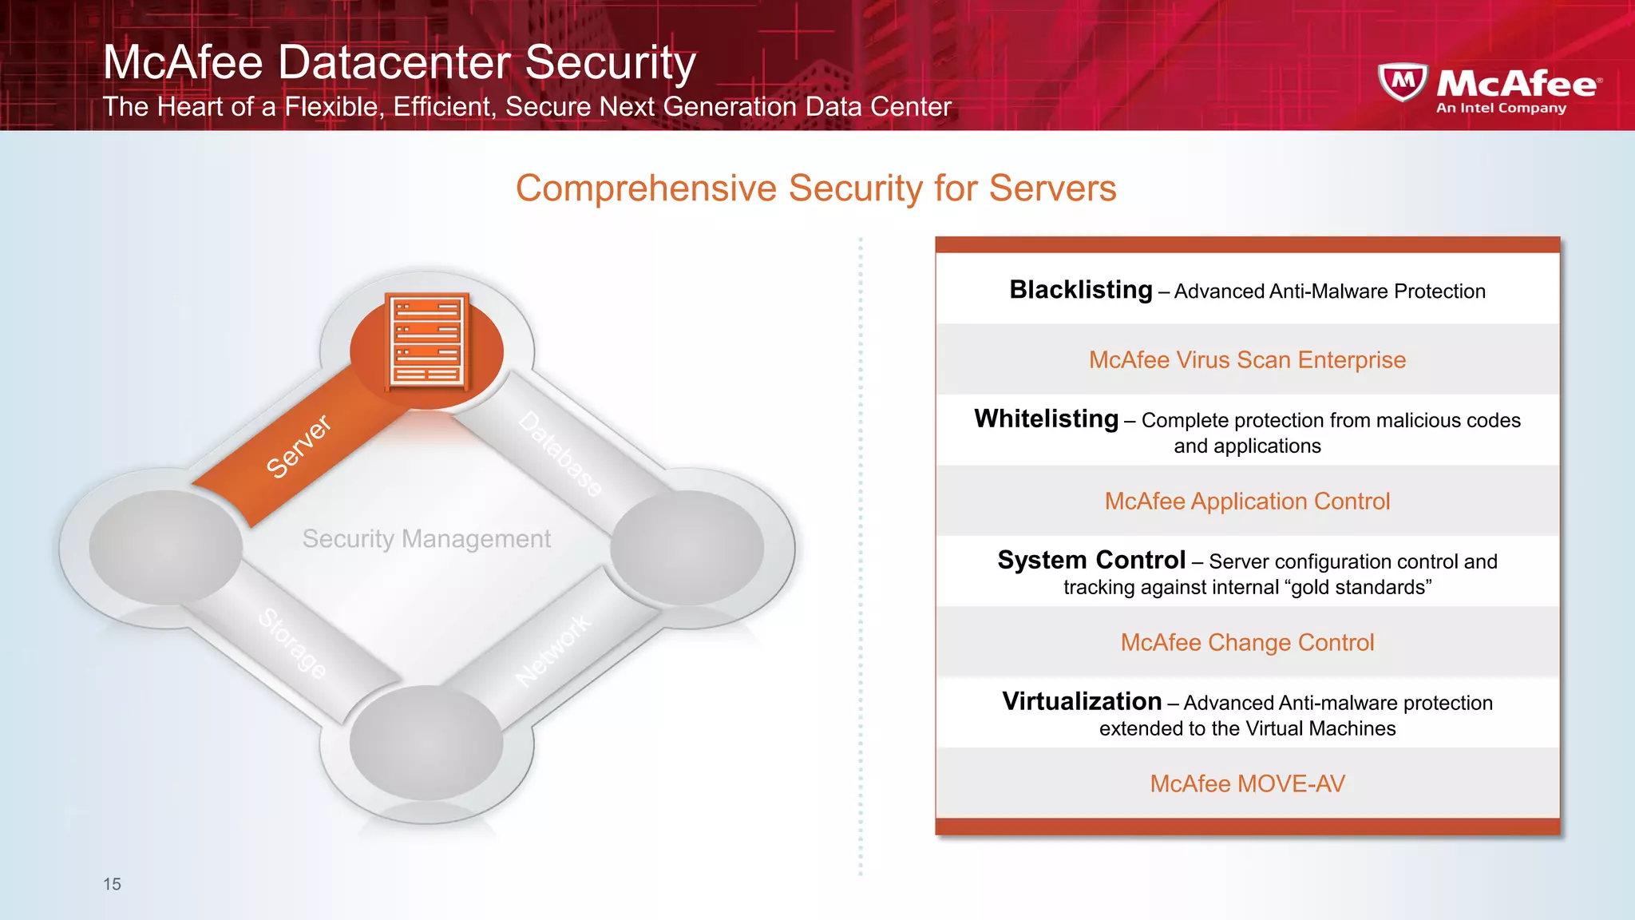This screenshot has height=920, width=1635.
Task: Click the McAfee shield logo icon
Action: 1402,82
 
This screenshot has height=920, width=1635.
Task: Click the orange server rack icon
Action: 427,342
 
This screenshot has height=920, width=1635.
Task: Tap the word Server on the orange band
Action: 298,446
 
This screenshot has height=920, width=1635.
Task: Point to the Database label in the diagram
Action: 560,454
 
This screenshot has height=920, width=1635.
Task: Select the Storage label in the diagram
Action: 292,643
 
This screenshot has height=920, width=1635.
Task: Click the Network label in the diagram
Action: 553,650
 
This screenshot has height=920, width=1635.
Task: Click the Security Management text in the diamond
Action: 426,539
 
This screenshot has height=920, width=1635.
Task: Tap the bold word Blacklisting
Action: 1080,290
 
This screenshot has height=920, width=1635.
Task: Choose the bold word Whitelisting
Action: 1046,419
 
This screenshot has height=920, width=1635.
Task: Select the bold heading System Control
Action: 1091,560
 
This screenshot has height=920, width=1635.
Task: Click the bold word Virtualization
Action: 1082,701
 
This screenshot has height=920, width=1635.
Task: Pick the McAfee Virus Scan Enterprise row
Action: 1247,360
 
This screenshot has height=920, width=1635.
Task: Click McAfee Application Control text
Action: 1247,502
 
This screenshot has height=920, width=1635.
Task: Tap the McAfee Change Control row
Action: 1247,643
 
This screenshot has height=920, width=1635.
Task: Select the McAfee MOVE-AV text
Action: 1247,784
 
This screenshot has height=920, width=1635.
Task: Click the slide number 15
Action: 112,884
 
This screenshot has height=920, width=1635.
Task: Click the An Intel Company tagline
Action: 1501,109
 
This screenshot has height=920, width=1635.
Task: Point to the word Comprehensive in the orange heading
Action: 646,189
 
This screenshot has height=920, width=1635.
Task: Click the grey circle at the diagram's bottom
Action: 426,743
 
